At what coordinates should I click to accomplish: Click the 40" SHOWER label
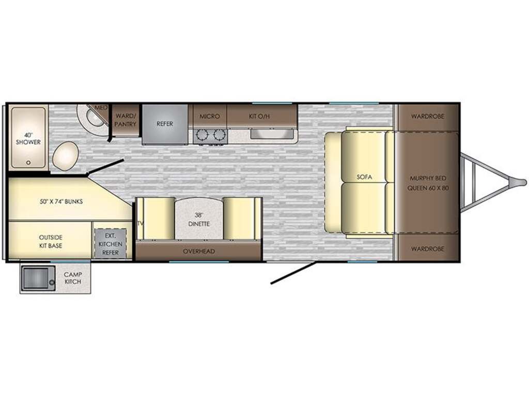(x=28, y=138)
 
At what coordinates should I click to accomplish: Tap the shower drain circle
(x=29, y=162)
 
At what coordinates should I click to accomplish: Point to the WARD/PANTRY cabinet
(x=126, y=120)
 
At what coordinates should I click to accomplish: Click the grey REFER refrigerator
(x=165, y=124)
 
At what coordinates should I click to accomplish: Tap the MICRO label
(x=210, y=116)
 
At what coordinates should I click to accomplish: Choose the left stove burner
(x=203, y=136)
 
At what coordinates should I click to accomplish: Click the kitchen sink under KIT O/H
(x=271, y=135)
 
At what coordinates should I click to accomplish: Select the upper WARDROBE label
(x=427, y=116)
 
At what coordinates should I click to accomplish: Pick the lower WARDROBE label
(x=427, y=249)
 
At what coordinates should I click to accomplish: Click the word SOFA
(x=364, y=177)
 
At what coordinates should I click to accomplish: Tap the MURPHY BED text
(x=428, y=178)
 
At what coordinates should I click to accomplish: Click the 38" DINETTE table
(x=199, y=219)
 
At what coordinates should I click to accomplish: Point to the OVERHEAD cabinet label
(x=199, y=251)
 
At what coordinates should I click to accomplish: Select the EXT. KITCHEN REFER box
(x=111, y=244)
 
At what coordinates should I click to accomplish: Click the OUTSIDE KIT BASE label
(x=50, y=241)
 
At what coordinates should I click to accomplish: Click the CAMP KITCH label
(x=72, y=278)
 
